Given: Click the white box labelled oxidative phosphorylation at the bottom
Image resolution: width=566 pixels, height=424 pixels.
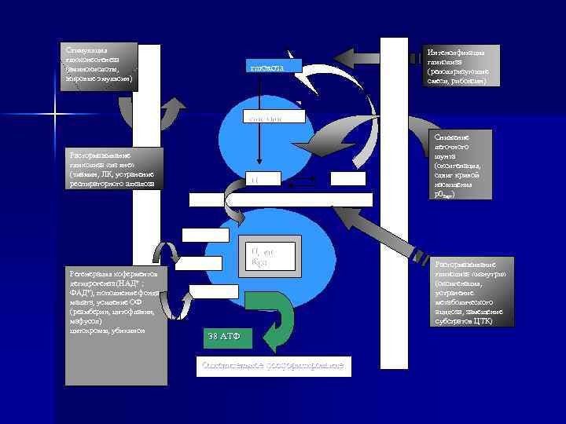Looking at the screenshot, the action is coord(274,367).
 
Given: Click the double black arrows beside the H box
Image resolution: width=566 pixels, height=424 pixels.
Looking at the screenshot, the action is coord(306,181).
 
